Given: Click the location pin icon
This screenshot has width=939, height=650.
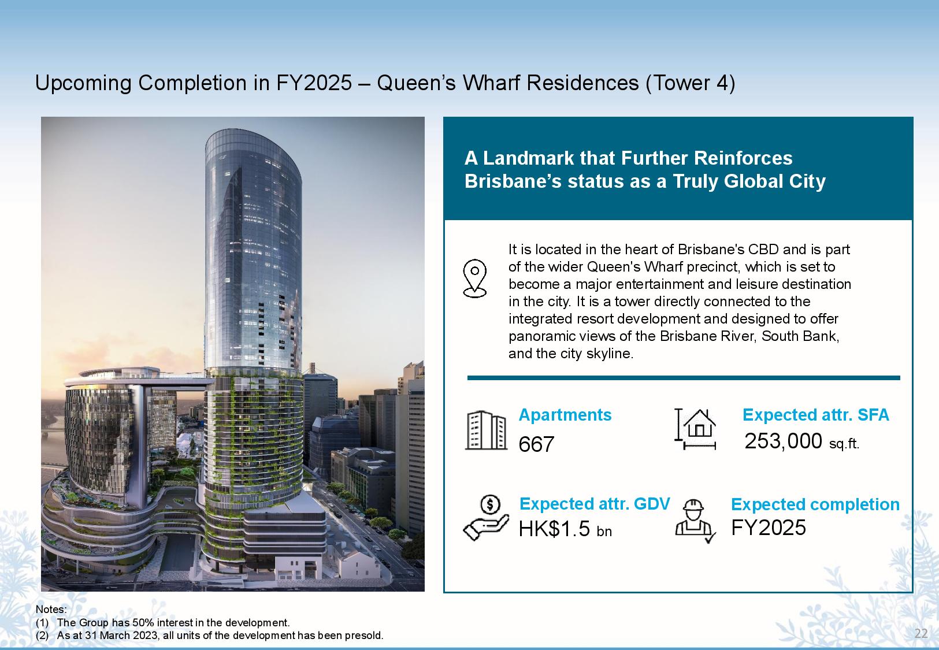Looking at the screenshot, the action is click(474, 278).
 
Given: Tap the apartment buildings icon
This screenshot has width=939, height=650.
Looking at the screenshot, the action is click(486, 430).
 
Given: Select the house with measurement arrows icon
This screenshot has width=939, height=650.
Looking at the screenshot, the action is click(695, 429).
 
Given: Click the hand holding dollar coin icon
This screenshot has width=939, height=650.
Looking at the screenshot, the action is click(486, 518).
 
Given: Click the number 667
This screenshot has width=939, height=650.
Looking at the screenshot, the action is click(536, 444).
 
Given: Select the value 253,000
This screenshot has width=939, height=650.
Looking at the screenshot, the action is click(783, 441).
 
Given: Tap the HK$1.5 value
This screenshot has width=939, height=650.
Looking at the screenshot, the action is click(554, 529).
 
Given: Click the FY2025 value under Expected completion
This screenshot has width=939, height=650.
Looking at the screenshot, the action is click(769, 527).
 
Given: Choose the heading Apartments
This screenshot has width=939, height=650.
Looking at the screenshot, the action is click(565, 415).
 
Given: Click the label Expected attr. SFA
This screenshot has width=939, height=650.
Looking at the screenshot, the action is click(816, 415).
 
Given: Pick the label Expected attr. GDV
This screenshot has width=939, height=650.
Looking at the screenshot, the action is click(595, 504).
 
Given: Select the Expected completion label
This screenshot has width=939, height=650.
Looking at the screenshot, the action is click(815, 504).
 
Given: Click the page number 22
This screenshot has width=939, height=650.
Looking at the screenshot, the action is click(921, 633).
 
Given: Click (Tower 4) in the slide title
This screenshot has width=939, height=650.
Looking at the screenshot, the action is click(690, 83).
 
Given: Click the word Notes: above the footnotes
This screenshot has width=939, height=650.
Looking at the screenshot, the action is click(51, 610).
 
